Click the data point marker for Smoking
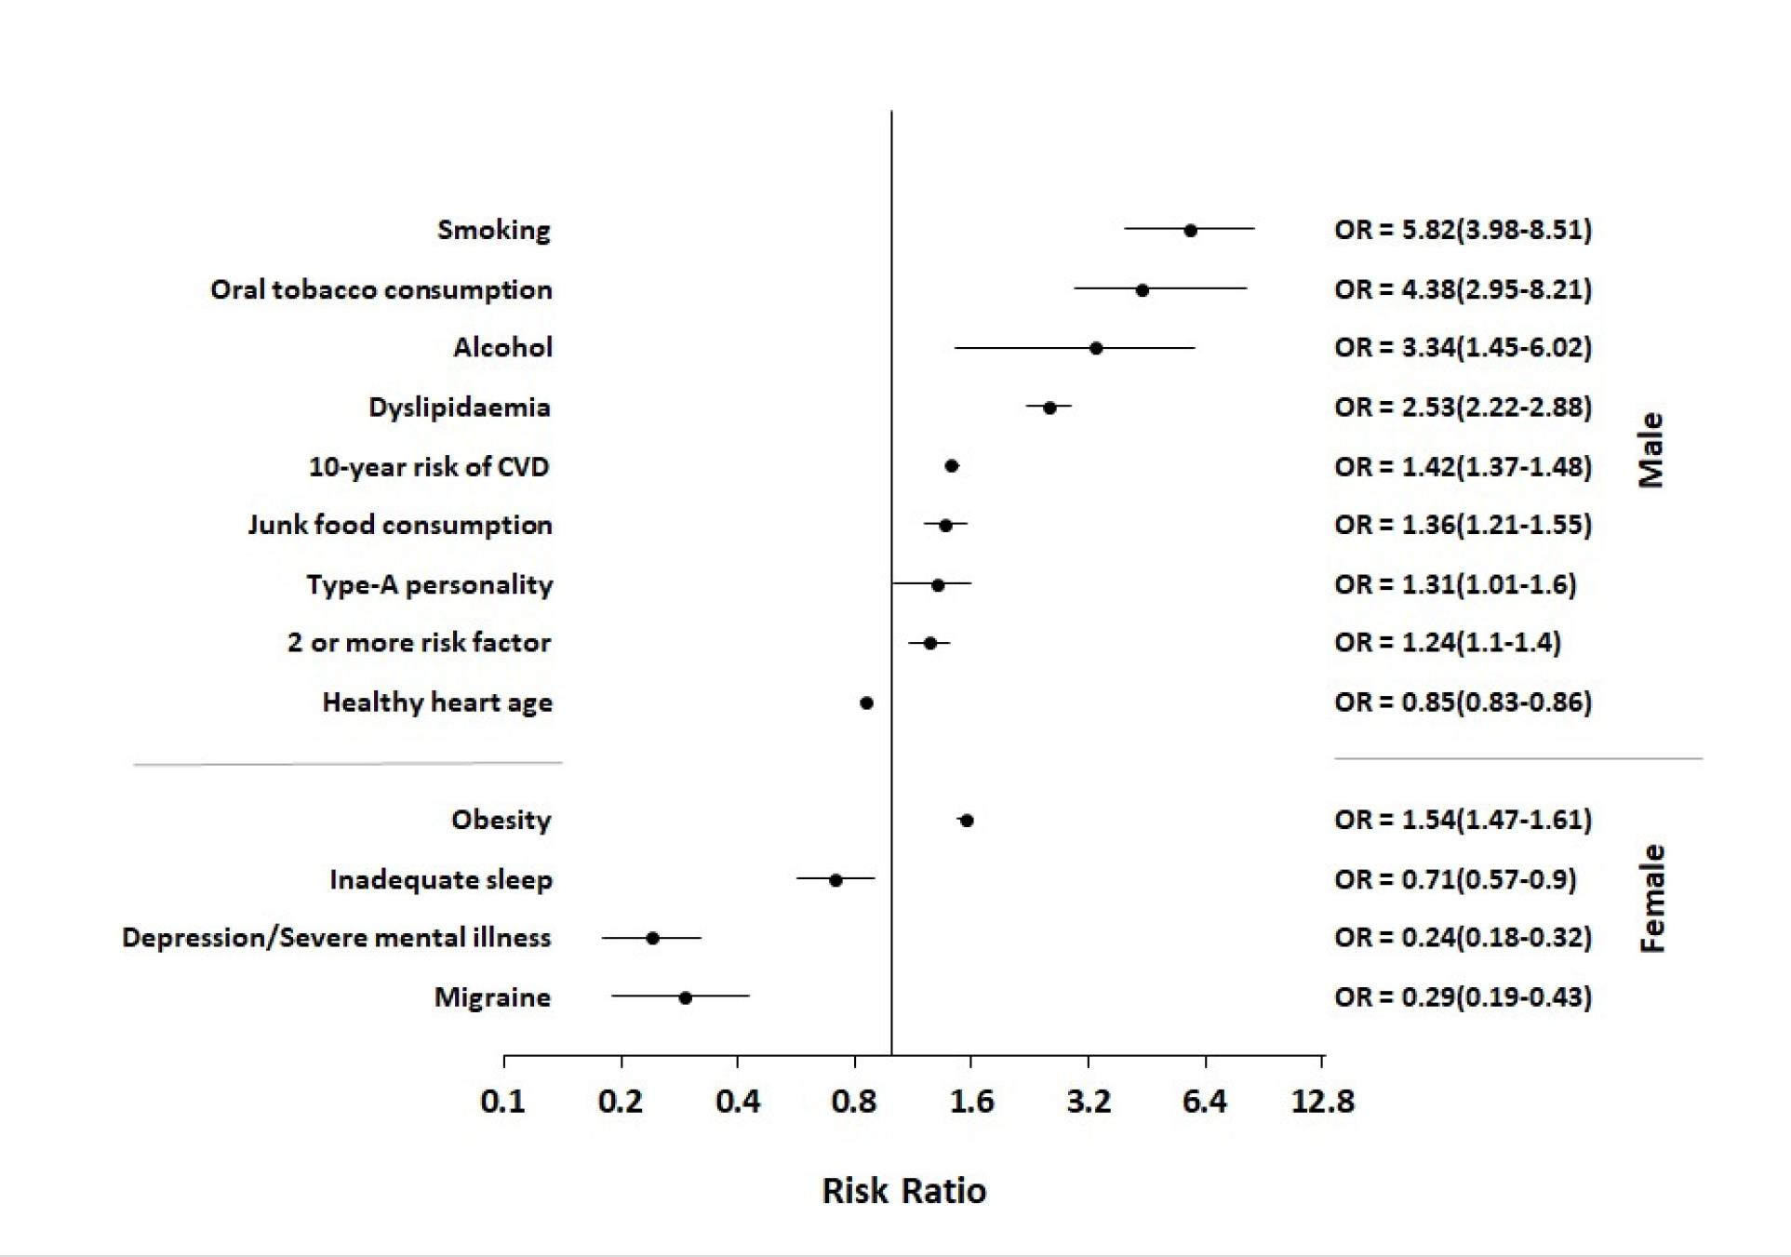[1190, 230]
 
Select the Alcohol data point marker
[1096, 348]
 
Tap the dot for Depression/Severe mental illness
[652, 938]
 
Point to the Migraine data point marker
[685, 997]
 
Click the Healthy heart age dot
[866, 702]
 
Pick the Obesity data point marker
[967, 821]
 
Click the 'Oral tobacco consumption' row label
[381, 289]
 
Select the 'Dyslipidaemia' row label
[460, 408]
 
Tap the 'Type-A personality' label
[430, 584]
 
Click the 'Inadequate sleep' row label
[441, 879]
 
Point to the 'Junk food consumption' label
[400, 525]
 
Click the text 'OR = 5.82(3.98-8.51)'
[1464, 230]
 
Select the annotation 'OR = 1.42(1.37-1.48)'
[1464, 466]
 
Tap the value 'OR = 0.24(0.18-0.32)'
[1464, 937]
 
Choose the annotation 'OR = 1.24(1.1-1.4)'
[1448, 642]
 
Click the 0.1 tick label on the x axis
[502, 1102]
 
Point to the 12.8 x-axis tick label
[1322, 1102]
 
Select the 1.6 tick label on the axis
[971, 1102]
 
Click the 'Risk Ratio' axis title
[903, 1191]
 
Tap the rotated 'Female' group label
[1651, 898]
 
